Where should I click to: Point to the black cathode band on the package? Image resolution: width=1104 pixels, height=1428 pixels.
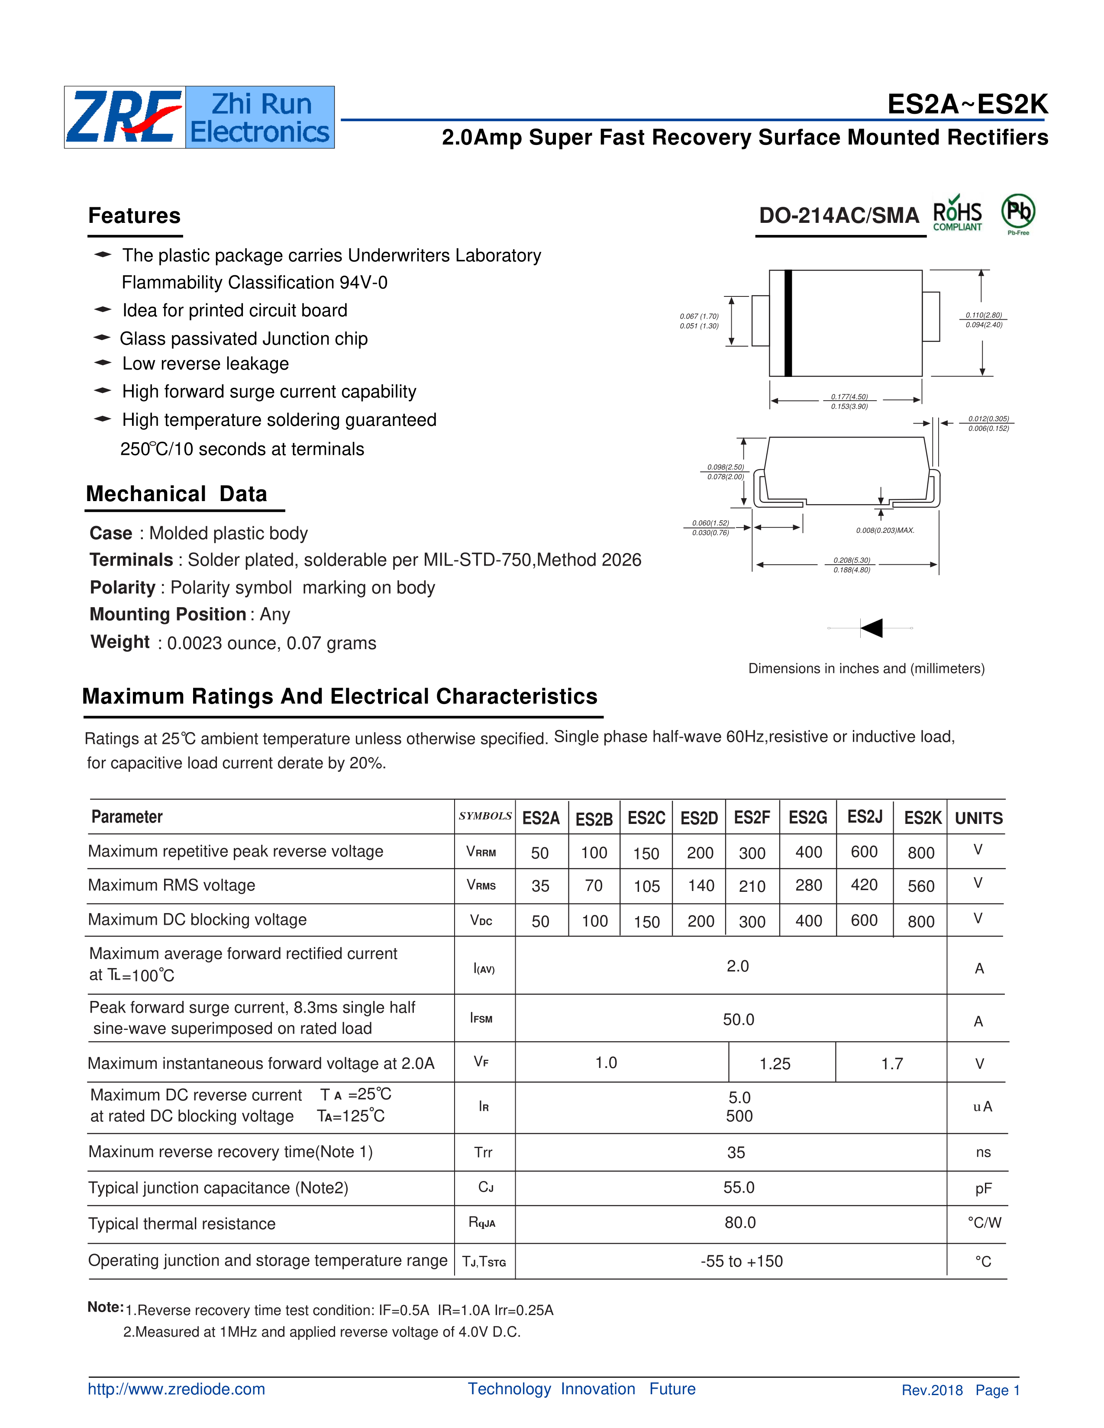click(x=788, y=323)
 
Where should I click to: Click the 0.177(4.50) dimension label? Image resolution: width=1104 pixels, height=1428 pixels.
click(x=849, y=397)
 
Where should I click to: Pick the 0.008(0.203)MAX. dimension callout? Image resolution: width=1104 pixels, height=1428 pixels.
click(x=885, y=530)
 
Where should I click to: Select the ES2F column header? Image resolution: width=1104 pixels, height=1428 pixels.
click(x=752, y=817)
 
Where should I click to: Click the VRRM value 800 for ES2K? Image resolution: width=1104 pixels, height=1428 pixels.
click(x=921, y=852)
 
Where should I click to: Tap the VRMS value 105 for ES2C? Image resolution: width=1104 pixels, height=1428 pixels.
click(x=646, y=887)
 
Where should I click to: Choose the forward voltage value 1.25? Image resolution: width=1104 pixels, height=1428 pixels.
click(x=775, y=1064)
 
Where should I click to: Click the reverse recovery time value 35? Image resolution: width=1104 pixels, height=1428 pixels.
click(x=736, y=1153)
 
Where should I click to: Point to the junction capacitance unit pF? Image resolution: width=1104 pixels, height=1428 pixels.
click(x=983, y=1189)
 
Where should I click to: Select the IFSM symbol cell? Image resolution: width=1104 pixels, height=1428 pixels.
click(x=481, y=1018)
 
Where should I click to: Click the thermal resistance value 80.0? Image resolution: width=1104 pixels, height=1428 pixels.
click(x=740, y=1223)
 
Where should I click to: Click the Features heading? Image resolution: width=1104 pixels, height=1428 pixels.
click(x=134, y=216)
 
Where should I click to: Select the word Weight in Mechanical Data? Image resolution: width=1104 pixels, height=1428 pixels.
click(x=120, y=642)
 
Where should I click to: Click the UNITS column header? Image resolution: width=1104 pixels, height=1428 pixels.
click(x=978, y=818)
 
